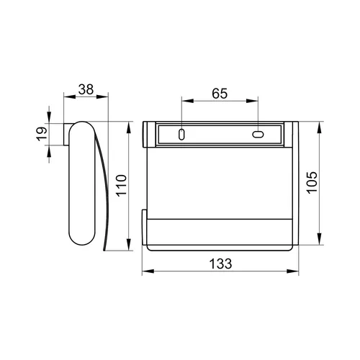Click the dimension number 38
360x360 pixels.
point(86,89)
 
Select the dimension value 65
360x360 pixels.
point(220,94)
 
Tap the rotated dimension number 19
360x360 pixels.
point(42,134)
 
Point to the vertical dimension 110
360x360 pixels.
point(122,186)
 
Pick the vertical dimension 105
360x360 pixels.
point(312,182)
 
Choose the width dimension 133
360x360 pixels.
point(220,264)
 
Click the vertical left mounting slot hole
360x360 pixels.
point(181,135)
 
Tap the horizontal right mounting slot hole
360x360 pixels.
point(258,135)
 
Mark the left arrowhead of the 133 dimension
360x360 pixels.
point(148,271)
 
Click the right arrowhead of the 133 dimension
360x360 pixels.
point(293,271)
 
